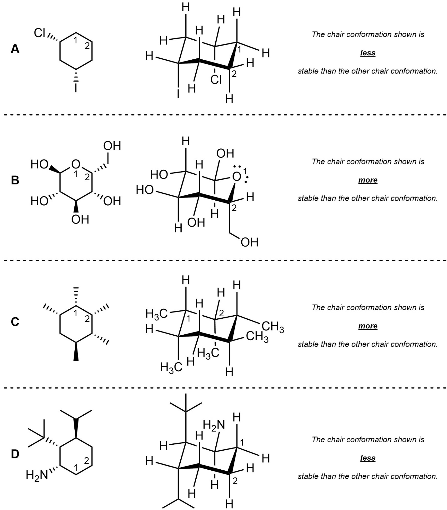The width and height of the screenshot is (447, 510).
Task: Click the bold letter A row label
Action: click(x=15, y=49)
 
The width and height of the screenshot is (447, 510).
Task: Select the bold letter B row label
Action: click(x=15, y=180)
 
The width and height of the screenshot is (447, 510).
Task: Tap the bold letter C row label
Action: click(x=15, y=322)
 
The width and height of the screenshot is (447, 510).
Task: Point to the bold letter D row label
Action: click(x=15, y=454)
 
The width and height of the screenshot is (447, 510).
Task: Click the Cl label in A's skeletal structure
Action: click(x=40, y=33)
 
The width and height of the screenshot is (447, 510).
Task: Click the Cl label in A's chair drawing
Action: click(x=216, y=80)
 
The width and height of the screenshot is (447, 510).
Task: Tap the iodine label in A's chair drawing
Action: click(x=178, y=93)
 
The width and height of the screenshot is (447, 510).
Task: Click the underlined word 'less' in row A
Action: click(x=368, y=53)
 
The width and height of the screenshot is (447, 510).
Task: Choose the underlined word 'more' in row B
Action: click(x=368, y=180)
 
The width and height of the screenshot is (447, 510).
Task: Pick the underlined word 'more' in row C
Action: click(x=368, y=326)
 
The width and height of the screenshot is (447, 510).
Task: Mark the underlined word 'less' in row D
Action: click(x=368, y=458)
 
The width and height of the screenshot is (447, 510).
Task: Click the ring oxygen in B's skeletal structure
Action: click(x=76, y=164)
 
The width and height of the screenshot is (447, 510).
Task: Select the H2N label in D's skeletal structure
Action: click(x=37, y=475)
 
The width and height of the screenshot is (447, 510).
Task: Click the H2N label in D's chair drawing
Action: click(x=214, y=425)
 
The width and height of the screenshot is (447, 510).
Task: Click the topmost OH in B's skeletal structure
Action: click(x=112, y=146)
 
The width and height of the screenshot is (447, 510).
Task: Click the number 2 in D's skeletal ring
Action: click(x=87, y=460)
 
